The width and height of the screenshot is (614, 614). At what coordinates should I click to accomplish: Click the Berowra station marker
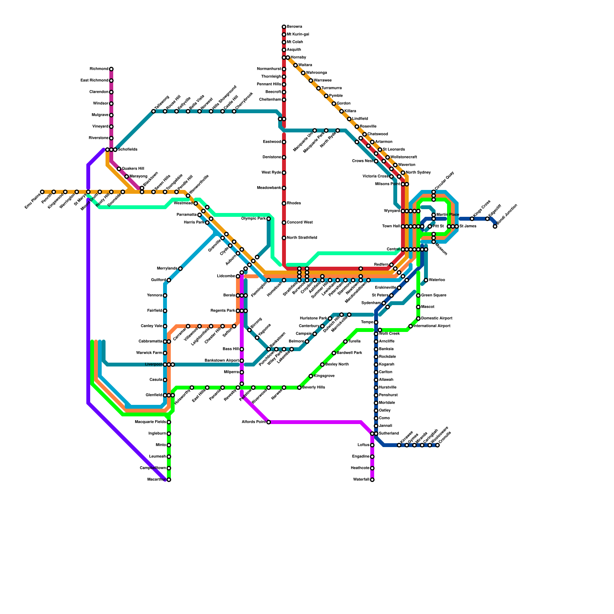(x=284, y=27)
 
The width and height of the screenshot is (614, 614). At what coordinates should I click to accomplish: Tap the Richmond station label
(x=99, y=69)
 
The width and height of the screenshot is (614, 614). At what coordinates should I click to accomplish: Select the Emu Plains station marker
(x=42, y=192)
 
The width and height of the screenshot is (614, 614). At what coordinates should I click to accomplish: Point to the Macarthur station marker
(x=169, y=480)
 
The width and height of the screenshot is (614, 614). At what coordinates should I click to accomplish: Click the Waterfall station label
(x=361, y=480)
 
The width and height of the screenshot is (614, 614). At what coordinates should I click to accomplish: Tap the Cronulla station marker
(x=437, y=445)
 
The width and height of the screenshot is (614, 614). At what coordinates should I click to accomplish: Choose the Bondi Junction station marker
(x=495, y=226)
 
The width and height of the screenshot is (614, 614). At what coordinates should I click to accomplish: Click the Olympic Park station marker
(x=269, y=219)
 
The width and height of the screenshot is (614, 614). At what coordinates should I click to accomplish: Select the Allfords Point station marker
(x=269, y=422)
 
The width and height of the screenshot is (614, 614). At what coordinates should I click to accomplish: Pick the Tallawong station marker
(x=153, y=111)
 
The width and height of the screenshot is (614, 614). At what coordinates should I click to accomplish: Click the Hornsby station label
(x=298, y=58)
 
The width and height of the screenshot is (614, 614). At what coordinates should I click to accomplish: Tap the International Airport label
(x=432, y=326)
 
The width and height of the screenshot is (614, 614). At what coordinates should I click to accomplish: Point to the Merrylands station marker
(x=180, y=269)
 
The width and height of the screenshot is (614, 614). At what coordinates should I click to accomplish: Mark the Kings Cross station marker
(x=472, y=219)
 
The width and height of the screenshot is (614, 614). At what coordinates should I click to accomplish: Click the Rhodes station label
(x=294, y=203)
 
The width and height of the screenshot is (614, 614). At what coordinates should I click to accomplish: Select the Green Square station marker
(x=418, y=295)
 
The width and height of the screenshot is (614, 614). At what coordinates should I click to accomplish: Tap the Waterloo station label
(x=437, y=280)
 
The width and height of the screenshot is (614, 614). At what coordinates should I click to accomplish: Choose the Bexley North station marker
(x=322, y=365)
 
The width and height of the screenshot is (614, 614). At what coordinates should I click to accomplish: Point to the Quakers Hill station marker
(x=119, y=169)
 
